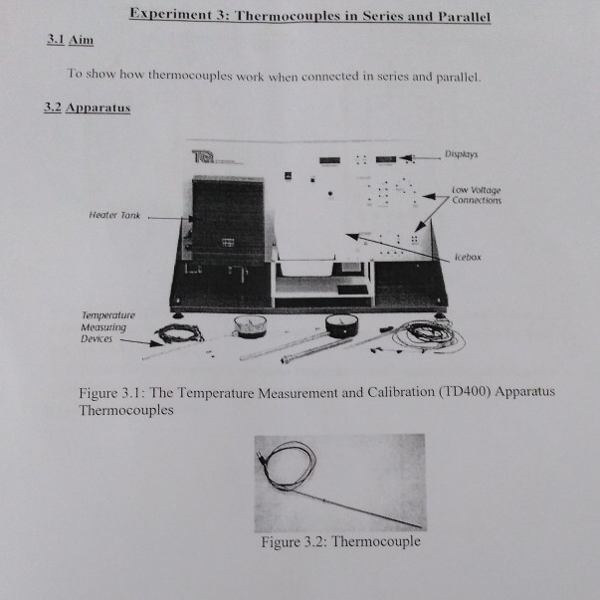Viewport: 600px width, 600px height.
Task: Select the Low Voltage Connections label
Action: (x=476, y=195)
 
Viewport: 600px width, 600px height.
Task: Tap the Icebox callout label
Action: (x=467, y=257)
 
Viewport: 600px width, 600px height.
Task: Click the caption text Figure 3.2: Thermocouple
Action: (x=339, y=542)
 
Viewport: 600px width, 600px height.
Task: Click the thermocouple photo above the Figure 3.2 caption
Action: (x=338, y=482)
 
